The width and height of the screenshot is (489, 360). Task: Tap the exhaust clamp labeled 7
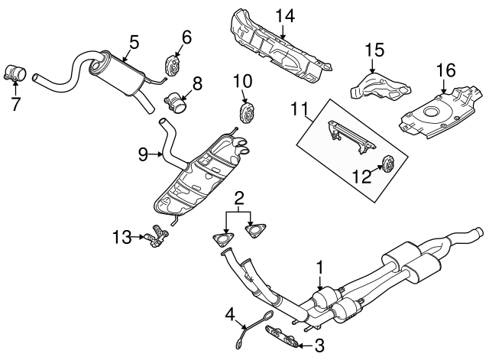16,74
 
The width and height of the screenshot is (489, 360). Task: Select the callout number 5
133,43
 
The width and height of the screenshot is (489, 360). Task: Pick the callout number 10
241,80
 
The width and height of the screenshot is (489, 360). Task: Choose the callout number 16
444,72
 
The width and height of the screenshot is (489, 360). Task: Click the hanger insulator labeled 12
386,164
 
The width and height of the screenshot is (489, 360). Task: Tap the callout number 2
238,199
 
